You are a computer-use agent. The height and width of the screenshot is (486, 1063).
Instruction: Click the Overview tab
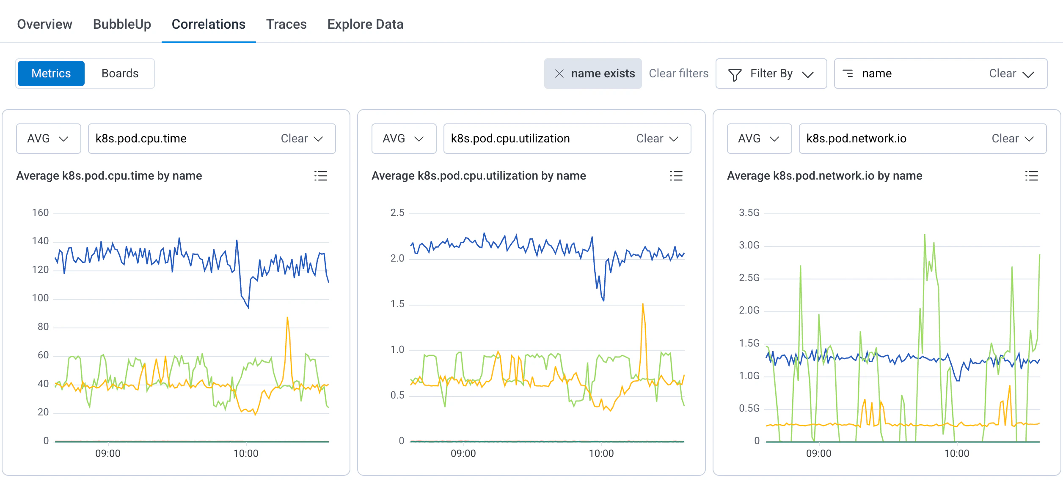click(x=44, y=24)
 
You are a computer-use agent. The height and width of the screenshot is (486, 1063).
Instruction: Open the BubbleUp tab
click(x=122, y=24)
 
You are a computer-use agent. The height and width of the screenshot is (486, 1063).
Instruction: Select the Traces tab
click(x=286, y=24)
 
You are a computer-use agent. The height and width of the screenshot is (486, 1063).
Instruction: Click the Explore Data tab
click(x=365, y=24)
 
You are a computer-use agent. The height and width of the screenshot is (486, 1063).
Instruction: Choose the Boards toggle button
click(x=120, y=74)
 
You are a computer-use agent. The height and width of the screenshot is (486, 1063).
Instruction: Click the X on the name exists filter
click(x=559, y=74)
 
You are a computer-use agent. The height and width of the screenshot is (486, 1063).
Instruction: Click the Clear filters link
click(x=678, y=74)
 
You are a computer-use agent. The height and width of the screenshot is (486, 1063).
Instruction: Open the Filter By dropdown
click(x=771, y=74)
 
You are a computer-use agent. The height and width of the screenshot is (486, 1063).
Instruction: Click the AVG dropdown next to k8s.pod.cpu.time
click(x=48, y=139)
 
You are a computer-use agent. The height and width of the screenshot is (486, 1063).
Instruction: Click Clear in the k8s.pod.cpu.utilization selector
click(x=649, y=139)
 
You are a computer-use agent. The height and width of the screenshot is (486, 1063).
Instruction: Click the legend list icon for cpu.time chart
click(x=320, y=176)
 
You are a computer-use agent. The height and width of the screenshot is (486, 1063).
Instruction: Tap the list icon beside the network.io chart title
click(x=1031, y=176)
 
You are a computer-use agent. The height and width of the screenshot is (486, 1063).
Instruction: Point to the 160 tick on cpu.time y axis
click(x=41, y=213)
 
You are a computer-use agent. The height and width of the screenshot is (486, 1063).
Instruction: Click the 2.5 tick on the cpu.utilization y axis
click(x=397, y=213)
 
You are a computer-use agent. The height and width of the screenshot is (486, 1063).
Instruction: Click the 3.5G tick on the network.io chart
click(x=749, y=213)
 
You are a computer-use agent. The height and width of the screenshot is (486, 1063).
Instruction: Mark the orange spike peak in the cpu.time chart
click(x=287, y=317)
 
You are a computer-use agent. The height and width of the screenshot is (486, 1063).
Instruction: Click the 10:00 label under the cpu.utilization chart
click(x=601, y=453)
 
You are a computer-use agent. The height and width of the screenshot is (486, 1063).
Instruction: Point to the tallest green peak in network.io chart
click(x=925, y=235)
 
